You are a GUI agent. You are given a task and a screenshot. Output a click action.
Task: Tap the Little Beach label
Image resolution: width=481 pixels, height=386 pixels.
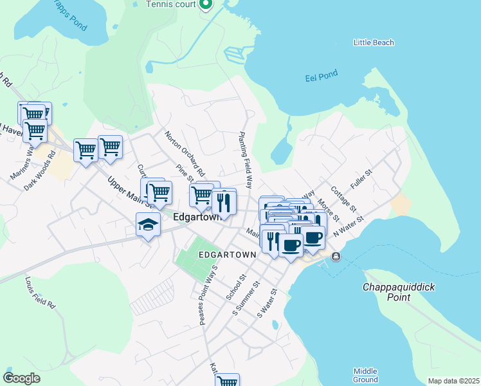pos(374,43)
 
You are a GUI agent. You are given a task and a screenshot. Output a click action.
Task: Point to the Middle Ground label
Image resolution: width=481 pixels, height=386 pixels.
pos(365,375)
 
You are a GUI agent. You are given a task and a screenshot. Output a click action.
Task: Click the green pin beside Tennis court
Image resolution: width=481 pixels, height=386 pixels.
pos(206,6)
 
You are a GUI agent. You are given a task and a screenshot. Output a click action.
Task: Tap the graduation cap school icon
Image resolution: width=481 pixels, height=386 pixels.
pos(148,225)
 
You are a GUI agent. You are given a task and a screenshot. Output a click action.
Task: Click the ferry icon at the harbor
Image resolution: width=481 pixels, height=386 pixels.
pos(336,257)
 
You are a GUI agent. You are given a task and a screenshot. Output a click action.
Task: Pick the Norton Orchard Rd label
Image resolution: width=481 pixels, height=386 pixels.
pos(185,154)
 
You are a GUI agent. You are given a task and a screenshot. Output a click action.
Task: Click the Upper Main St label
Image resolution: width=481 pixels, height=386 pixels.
pos(129,192)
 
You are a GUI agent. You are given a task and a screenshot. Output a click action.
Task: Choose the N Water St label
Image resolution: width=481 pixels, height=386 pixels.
pos(348,228)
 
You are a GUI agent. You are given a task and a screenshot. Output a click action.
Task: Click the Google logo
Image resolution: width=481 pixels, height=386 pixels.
pos(22,378)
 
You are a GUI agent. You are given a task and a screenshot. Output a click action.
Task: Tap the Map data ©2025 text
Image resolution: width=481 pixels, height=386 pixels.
pos(453,381)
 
